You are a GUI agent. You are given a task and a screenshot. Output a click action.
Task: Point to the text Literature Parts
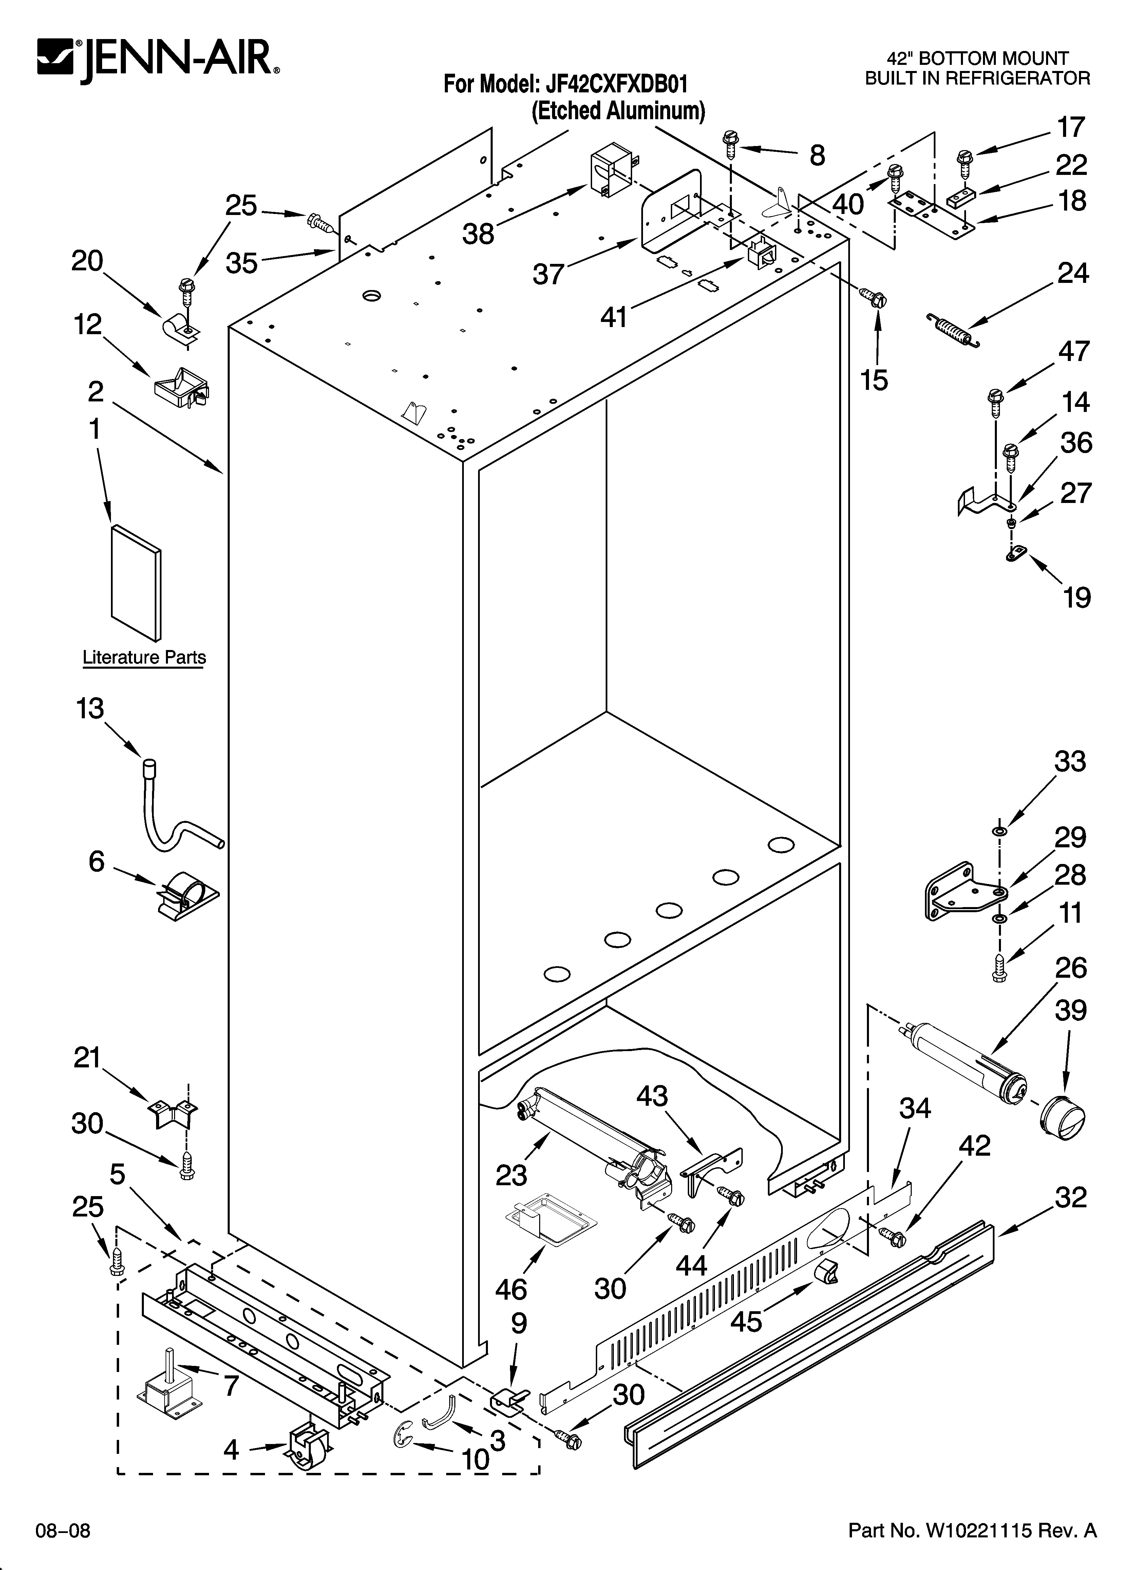tap(144, 657)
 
